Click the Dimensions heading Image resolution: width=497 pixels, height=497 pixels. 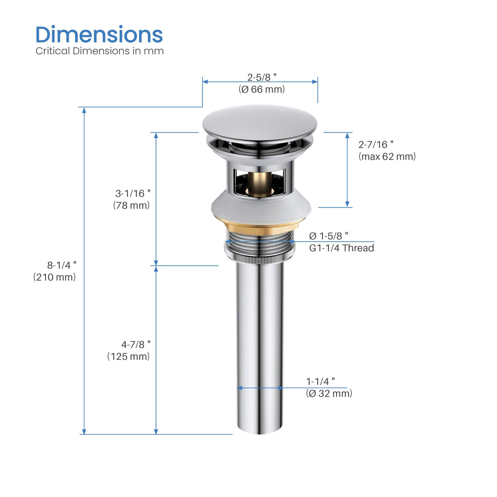[x=99, y=35]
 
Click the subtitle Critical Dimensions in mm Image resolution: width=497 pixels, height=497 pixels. [x=99, y=51]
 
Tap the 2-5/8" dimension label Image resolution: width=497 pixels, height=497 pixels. [x=262, y=77]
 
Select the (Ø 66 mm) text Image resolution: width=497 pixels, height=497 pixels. [x=262, y=89]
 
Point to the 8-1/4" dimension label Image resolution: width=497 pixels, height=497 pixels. [x=62, y=265]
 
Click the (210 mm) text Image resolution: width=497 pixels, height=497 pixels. [x=54, y=277]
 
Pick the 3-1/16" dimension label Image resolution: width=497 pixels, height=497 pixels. [x=133, y=193]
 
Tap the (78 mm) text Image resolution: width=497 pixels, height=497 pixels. [x=132, y=205]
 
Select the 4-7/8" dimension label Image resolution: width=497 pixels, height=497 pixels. [x=136, y=344]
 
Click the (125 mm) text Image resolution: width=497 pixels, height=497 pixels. [x=128, y=356]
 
